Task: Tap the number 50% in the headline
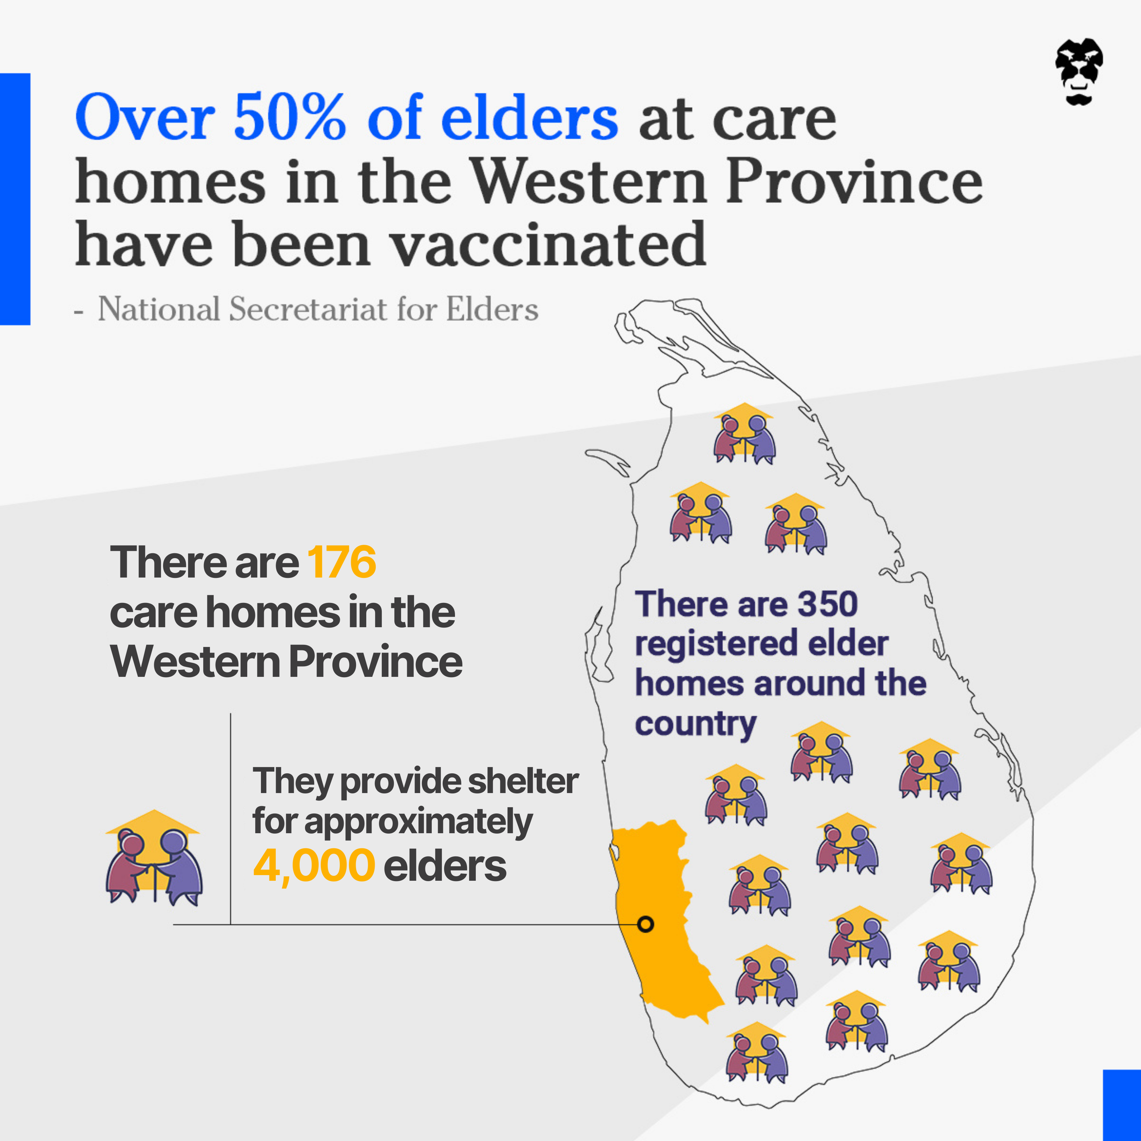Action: [289, 117]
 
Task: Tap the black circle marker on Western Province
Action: [646, 924]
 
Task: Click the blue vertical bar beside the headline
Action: [15, 199]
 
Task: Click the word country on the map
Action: [695, 725]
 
